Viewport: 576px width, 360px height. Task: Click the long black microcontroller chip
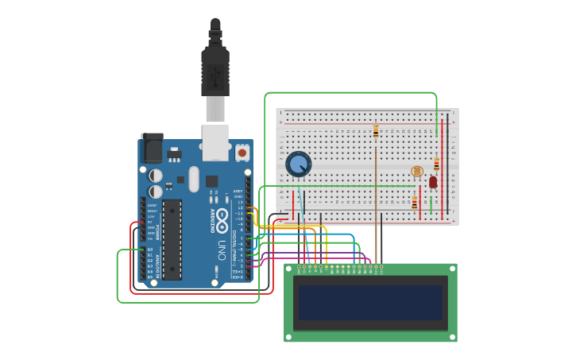(172, 239)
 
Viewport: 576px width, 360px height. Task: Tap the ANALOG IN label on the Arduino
(157, 261)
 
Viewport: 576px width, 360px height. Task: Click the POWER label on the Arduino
(157, 231)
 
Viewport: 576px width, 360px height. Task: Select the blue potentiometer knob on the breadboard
(298, 165)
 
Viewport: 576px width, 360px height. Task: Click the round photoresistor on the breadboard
(417, 171)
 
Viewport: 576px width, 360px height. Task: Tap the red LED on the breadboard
(433, 182)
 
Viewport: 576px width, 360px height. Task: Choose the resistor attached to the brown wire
(376, 131)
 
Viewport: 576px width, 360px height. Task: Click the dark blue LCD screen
(370, 303)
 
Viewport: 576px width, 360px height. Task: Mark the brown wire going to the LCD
(376, 207)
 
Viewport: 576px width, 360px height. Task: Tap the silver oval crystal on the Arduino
(193, 179)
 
